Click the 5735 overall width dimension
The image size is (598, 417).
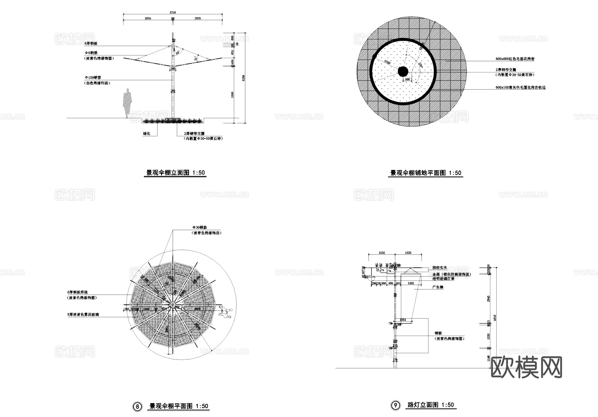173,13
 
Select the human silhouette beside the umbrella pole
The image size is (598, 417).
127,102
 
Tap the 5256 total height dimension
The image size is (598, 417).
244,78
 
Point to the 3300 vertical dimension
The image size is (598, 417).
233,94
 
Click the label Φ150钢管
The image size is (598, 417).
93,77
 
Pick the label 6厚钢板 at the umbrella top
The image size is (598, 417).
91,44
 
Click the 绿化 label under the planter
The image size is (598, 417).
147,134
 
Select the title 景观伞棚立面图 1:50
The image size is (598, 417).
176,173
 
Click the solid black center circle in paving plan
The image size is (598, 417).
403,71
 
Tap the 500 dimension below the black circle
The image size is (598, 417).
407,79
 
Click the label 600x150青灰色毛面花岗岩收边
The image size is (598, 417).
520,88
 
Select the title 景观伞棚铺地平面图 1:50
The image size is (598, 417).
426,173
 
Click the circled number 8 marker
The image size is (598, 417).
137,407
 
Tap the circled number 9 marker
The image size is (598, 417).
395,405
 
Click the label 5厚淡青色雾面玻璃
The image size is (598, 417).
83,314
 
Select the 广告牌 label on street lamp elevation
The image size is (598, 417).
438,287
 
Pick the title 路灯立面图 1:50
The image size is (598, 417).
430,405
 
